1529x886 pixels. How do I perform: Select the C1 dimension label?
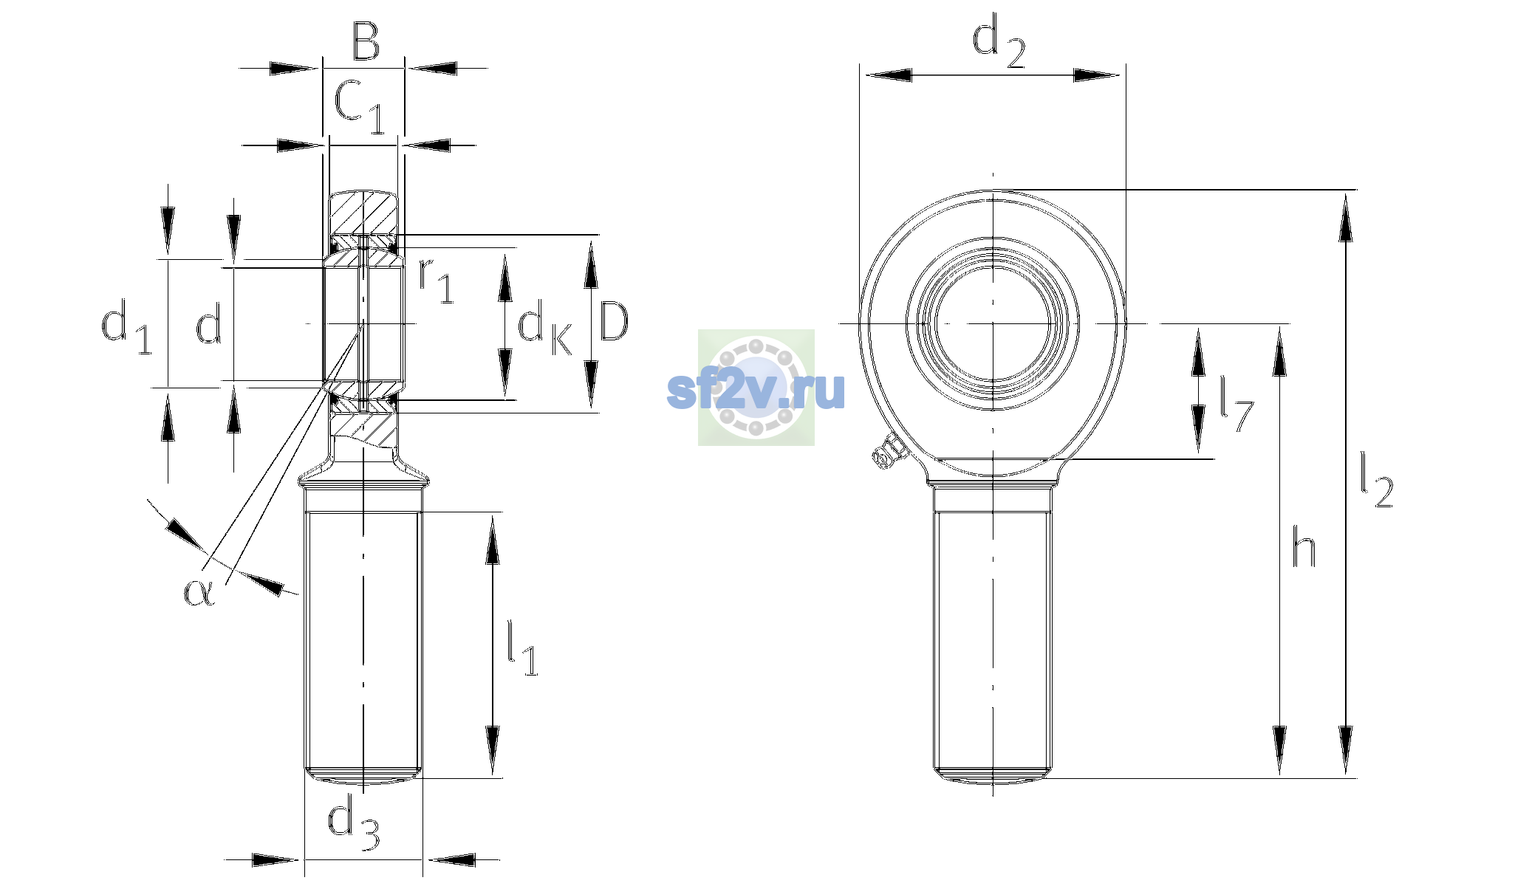click(360, 107)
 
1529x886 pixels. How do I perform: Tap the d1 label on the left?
click(126, 326)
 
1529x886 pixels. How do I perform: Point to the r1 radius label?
click(436, 281)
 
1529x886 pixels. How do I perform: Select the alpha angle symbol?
click(199, 592)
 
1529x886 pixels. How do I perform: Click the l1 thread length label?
click(522, 648)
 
